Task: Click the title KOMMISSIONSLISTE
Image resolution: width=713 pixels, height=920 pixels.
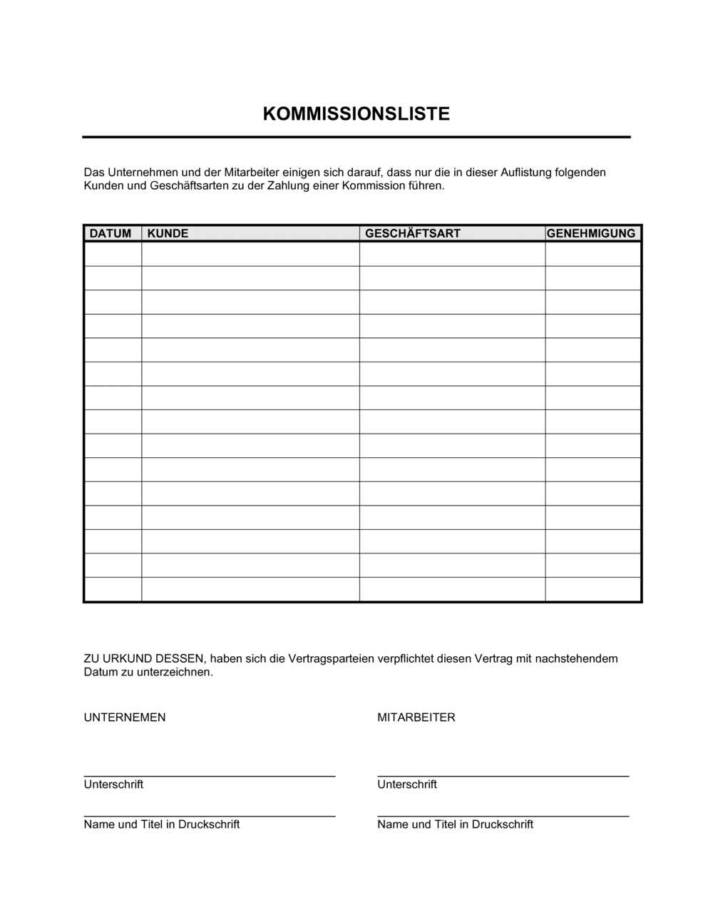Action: tap(356, 114)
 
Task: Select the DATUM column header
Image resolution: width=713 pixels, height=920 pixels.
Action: tap(111, 233)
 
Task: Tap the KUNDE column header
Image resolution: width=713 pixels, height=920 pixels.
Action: tap(168, 233)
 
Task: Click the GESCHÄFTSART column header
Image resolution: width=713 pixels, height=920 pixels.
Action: tap(413, 233)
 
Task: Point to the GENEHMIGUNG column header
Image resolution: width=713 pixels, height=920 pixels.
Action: tap(591, 233)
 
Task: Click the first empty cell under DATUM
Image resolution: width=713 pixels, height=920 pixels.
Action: tap(113, 255)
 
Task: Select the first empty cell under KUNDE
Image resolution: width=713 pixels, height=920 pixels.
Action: tap(250, 255)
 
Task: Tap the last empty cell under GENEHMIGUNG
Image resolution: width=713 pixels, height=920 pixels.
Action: tap(593, 590)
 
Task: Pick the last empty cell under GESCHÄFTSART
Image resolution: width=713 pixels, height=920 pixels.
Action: tap(452, 590)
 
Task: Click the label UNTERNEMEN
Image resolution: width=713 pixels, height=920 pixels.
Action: tap(125, 717)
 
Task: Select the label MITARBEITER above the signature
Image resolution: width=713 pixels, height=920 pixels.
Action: tap(416, 717)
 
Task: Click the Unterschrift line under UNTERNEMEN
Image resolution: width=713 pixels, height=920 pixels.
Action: tap(209, 775)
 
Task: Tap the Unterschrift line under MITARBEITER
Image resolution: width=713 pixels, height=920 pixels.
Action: tap(503, 775)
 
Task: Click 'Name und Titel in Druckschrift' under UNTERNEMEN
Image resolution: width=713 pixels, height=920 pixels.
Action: tap(162, 824)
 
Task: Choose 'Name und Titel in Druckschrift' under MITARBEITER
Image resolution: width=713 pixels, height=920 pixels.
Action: tap(456, 824)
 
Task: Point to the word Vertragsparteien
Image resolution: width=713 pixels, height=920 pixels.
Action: tap(331, 659)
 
